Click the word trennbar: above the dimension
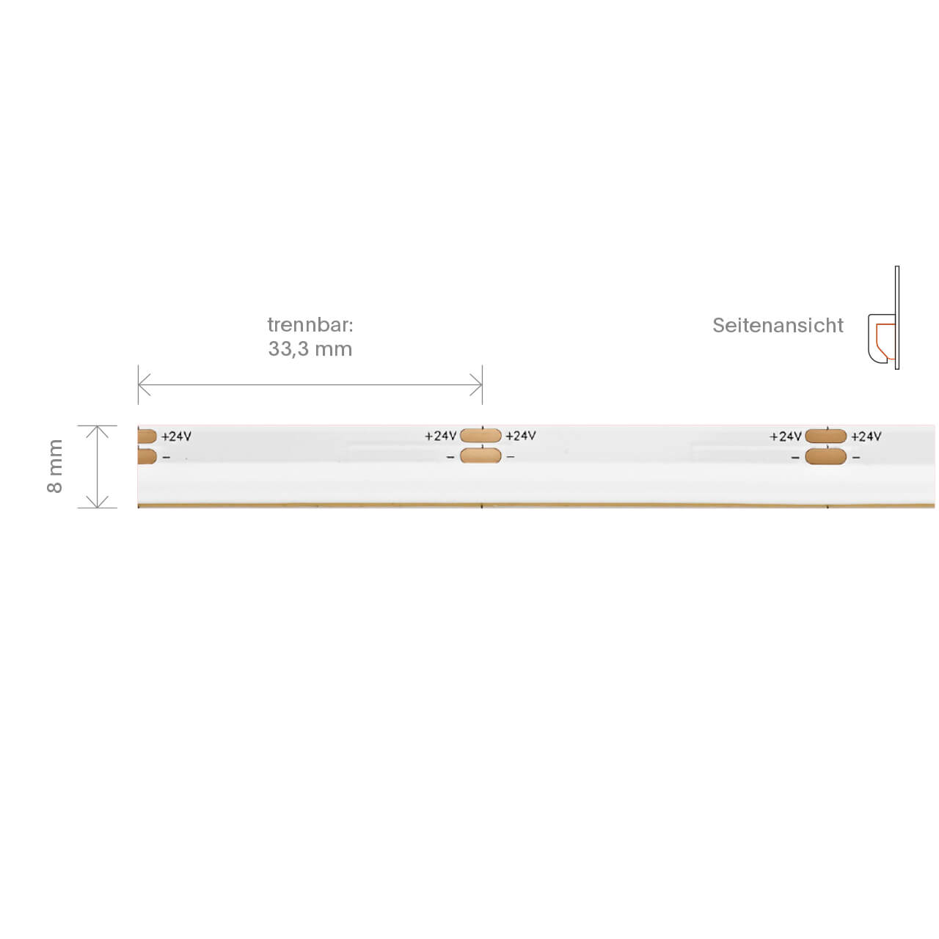[310, 325]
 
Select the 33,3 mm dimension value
[310, 349]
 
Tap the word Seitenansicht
[778, 326]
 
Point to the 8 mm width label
[55, 466]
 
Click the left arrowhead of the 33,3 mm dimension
[145, 385]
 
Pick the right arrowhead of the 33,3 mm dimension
[475, 385]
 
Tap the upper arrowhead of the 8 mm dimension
[98, 431]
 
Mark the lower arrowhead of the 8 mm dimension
[98, 502]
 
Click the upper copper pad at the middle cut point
[481, 435]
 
